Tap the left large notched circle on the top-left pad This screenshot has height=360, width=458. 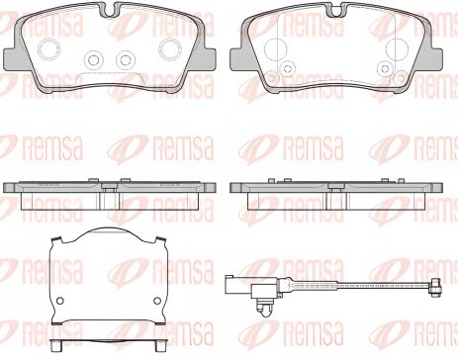click(x=49, y=49)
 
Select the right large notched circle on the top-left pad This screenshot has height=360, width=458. click(x=170, y=49)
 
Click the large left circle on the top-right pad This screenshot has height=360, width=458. click(x=275, y=48)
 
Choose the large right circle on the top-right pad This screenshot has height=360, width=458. click(x=397, y=48)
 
